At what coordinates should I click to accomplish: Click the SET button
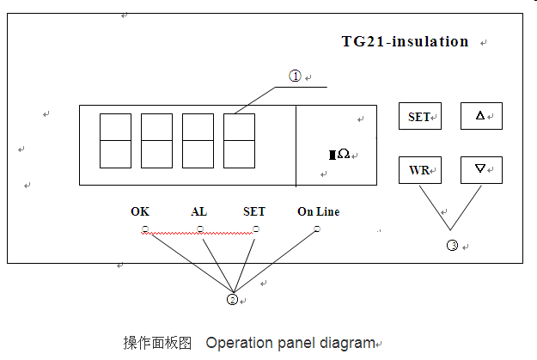pyautogui.click(x=419, y=117)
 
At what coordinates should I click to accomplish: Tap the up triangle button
pyautogui.click(x=480, y=116)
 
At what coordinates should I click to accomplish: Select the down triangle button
pyautogui.click(x=480, y=170)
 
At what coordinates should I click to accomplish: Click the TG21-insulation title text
pyautogui.click(x=405, y=41)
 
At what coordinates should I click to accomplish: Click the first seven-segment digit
pyautogui.click(x=115, y=140)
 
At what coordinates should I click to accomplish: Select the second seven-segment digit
pyautogui.click(x=156, y=140)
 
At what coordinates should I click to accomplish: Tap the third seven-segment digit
pyautogui.click(x=198, y=140)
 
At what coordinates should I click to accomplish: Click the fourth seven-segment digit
pyautogui.click(x=239, y=140)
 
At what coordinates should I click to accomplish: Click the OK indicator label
pyautogui.click(x=140, y=211)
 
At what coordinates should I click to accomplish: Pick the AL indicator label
pyautogui.click(x=199, y=211)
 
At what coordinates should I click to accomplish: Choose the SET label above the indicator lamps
pyautogui.click(x=254, y=211)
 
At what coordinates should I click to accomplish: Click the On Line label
pyautogui.click(x=318, y=211)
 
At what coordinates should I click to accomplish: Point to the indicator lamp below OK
pyautogui.click(x=145, y=229)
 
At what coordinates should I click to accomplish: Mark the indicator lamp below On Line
pyautogui.click(x=317, y=229)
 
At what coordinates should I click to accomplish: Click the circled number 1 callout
pyautogui.click(x=295, y=76)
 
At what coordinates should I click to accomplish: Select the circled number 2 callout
pyautogui.click(x=231, y=300)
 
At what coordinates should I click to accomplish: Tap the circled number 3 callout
pyautogui.click(x=452, y=246)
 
